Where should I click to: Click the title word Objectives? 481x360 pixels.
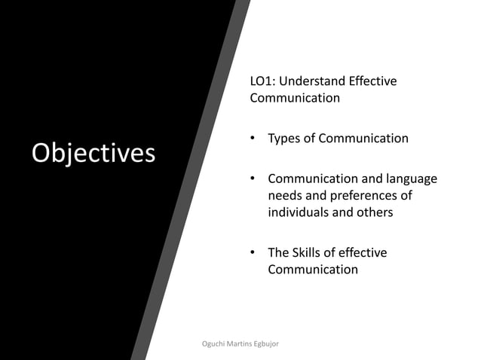[93, 153]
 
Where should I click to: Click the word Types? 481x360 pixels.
[285, 139]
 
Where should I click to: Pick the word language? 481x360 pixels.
[410, 179]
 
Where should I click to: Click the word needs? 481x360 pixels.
[286, 196]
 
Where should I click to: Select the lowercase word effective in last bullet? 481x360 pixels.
[363, 252]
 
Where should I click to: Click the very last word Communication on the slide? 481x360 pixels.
[313, 269]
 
